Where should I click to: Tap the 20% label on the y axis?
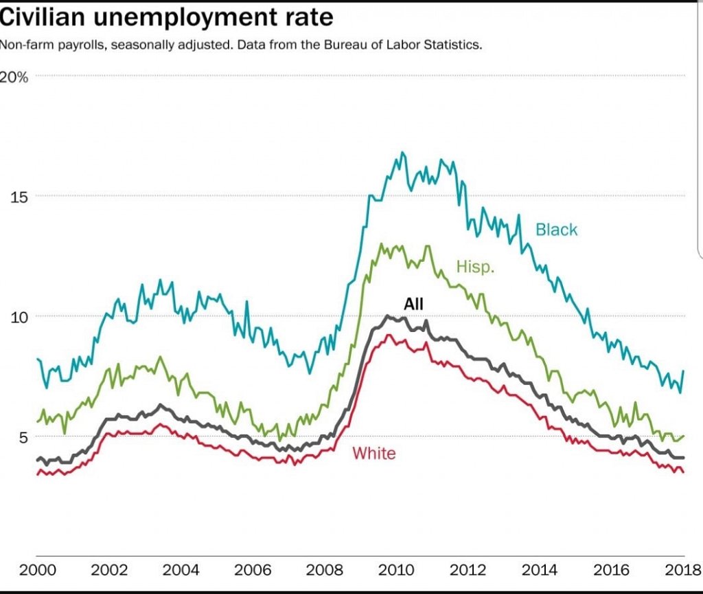pyautogui.click(x=14, y=77)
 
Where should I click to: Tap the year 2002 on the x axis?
pyautogui.click(x=109, y=571)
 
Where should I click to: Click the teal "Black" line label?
pyautogui.click(x=557, y=230)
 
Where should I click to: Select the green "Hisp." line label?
pyautogui.click(x=475, y=267)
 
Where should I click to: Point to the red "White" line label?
pyautogui.click(x=374, y=453)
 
